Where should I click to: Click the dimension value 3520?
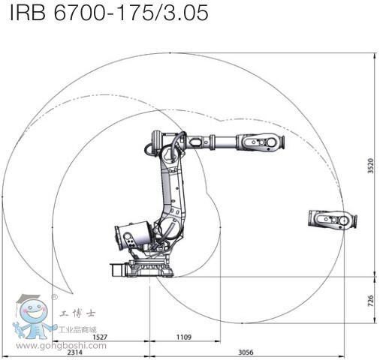[370, 166]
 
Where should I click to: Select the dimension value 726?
[370, 301]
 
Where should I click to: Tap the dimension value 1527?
[100, 337]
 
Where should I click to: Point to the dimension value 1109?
[184, 337]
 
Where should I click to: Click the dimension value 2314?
[75, 352]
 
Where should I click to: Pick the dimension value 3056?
[246, 352]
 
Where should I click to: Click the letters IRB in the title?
[28, 13]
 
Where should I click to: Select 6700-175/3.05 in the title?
[131, 13]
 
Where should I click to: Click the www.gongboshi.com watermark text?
[61, 346]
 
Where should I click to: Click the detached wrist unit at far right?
[333, 219]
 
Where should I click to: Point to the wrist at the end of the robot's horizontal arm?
[261, 142]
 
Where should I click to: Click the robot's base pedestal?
[142, 268]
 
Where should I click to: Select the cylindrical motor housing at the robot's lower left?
[133, 235]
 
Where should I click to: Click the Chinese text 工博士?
[77, 313]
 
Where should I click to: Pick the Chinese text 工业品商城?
[77, 329]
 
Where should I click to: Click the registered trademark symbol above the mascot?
[54, 297]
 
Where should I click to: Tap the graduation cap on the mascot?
[28, 298]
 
